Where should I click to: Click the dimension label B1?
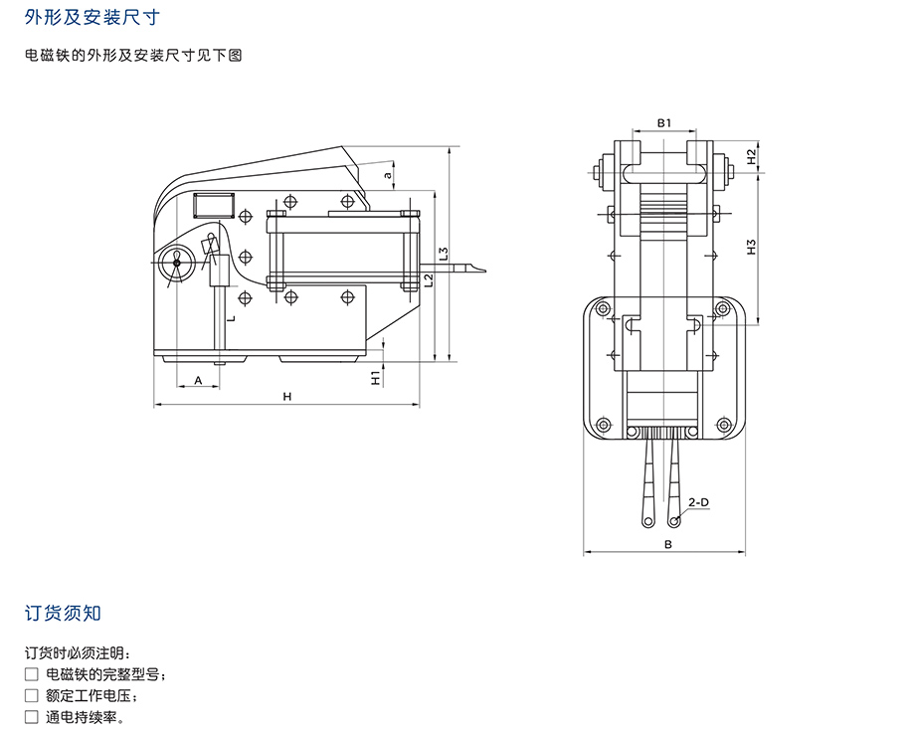coord(665,122)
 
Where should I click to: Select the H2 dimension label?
coord(752,157)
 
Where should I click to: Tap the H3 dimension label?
coord(752,248)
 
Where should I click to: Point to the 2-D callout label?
coord(699,502)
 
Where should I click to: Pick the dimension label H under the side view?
coord(286,397)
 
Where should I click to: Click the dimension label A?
coord(198,380)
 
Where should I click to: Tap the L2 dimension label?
coord(428,280)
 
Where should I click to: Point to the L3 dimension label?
coord(444,255)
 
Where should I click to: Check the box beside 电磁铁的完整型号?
coord(32,674)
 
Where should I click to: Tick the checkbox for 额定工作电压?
coord(32,695)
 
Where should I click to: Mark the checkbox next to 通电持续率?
coord(32,716)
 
